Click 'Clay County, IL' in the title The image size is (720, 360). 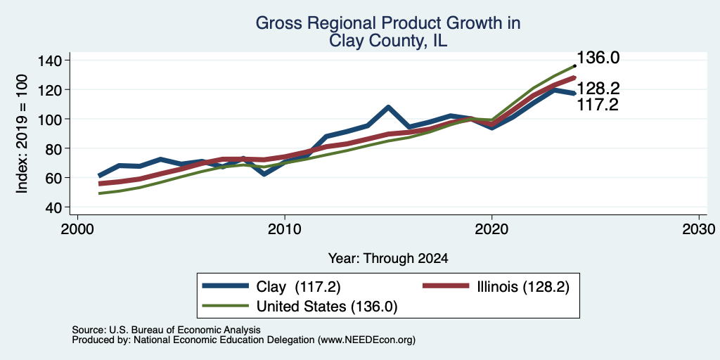[x=387, y=41]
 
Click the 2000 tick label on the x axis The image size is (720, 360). [x=77, y=229]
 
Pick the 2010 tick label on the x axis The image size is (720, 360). [x=285, y=229]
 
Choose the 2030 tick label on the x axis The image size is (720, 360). [x=699, y=229]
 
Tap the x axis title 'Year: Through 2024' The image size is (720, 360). [x=388, y=259]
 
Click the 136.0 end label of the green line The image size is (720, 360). [x=598, y=58]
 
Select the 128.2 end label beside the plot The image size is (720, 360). [x=598, y=88]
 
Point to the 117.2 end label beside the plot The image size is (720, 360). [x=597, y=105]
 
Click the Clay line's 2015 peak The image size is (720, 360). [x=388, y=108]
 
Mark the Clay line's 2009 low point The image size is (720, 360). [x=264, y=174]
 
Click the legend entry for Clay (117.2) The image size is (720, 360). [x=271, y=287]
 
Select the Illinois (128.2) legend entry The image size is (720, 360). [x=496, y=287]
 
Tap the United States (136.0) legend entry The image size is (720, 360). [x=300, y=307]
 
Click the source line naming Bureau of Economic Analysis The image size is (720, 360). [x=166, y=330]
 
